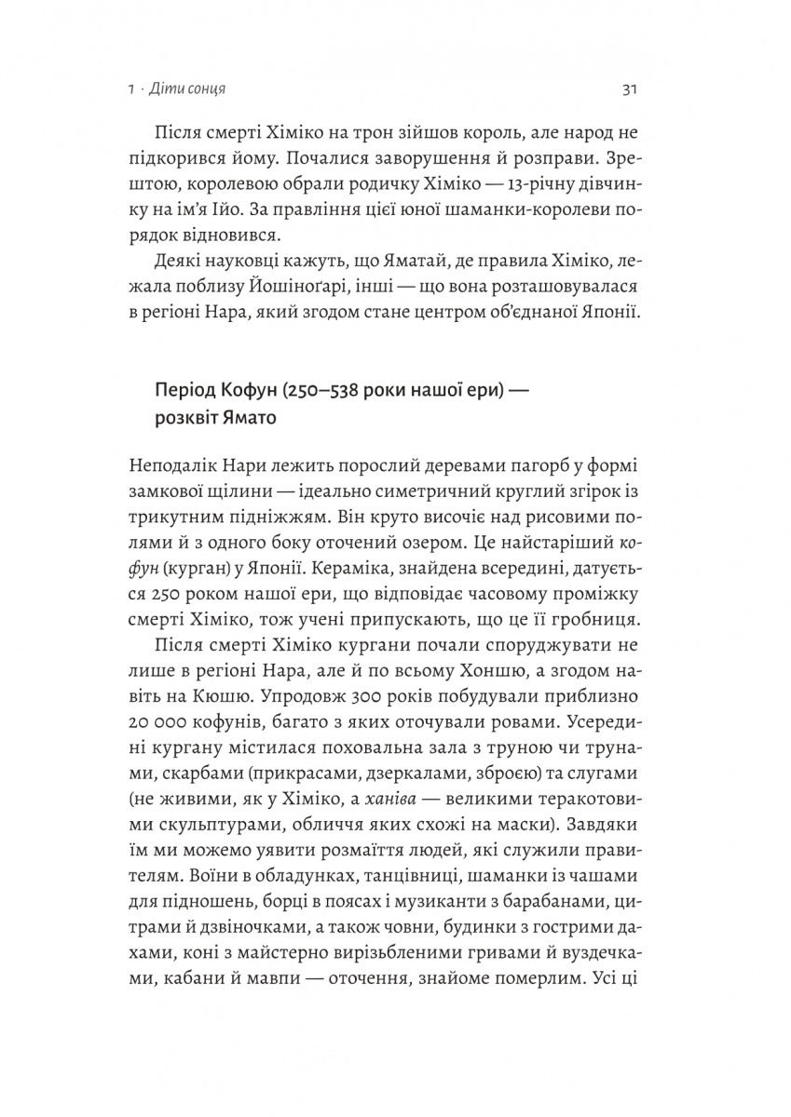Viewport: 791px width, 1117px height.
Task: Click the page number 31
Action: coord(626,90)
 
